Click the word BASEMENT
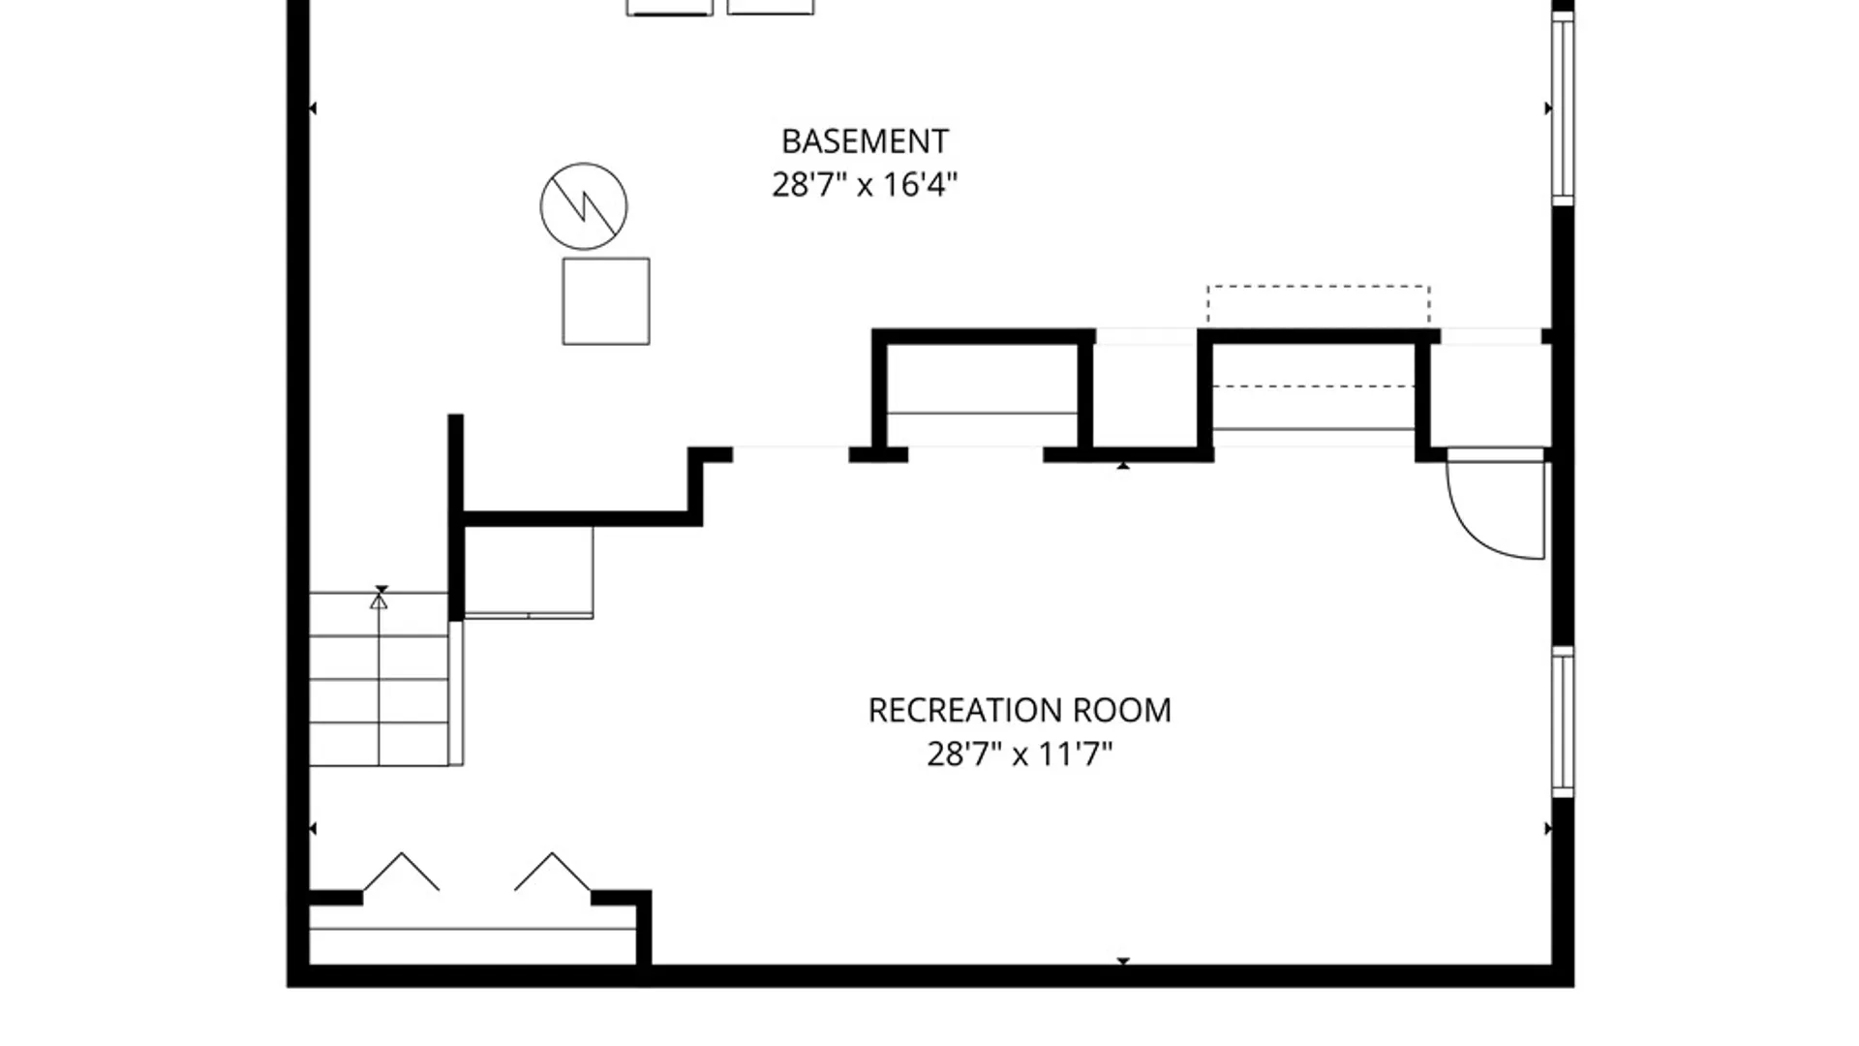tap(865, 141)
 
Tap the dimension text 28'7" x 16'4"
tap(865, 184)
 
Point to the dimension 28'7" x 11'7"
tap(1020, 754)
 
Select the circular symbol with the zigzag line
tap(584, 206)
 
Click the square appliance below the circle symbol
tap(606, 301)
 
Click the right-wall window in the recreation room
tap(1563, 723)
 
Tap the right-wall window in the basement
tap(1563, 108)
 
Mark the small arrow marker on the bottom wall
tap(1123, 961)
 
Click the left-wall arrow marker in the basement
tap(312, 108)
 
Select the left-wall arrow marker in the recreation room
tap(312, 829)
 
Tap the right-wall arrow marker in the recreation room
tap(1547, 829)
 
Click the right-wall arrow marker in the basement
tap(1547, 108)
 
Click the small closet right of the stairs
tap(529, 571)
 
